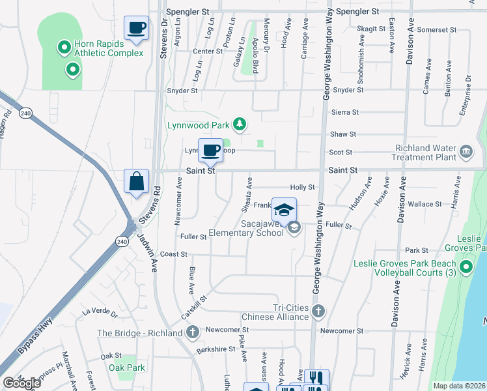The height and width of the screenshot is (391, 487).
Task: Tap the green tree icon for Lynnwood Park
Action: coord(240,123)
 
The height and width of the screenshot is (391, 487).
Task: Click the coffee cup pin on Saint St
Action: coord(210,151)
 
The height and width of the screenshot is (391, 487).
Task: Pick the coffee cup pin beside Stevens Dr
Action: coord(137,28)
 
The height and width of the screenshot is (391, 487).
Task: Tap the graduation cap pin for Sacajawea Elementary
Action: coord(284,210)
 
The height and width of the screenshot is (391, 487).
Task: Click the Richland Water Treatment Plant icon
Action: coord(466,152)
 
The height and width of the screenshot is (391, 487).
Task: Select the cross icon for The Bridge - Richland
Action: coord(192,333)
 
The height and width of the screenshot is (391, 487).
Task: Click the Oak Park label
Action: coord(127,368)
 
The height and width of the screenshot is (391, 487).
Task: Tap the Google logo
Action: coord(21,383)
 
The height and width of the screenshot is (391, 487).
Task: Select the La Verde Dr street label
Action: coord(99,313)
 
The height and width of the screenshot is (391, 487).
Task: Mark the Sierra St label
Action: coord(345,112)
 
